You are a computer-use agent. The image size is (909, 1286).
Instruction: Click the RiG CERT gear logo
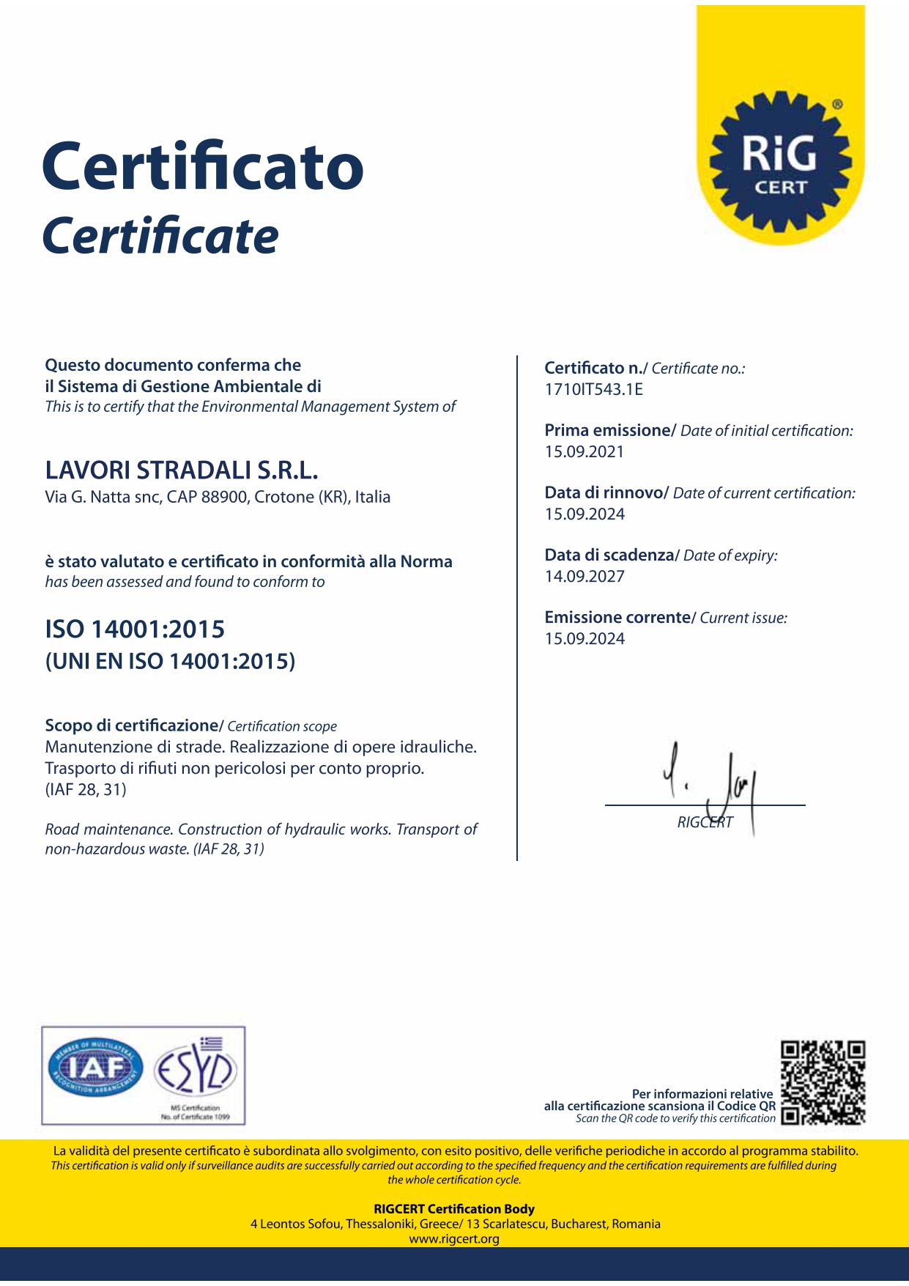pyautogui.click(x=781, y=162)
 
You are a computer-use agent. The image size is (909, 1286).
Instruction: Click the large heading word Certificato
pyautogui.click(x=203, y=166)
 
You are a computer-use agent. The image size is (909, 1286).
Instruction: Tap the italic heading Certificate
pyautogui.click(x=160, y=236)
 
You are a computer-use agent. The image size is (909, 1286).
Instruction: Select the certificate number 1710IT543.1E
pyautogui.click(x=593, y=390)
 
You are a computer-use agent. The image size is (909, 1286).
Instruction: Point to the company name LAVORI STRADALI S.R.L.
pyautogui.click(x=182, y=470)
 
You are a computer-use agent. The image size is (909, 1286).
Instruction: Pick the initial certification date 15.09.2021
pyautogui.click(x=584, y=452)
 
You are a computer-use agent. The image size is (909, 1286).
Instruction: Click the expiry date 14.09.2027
pyautogui.click(x=584, y=577)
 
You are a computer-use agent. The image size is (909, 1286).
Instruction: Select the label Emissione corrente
pyautogui.click(x=617, y=618)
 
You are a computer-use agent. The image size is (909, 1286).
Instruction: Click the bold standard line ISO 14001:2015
pyautogui.click(x=135, y=629)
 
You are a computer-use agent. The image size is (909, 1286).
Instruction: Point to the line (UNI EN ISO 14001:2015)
pyautogui.click(x=170, y=662)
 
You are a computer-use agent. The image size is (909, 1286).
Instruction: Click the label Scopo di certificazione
pyautogui.click(x=132, y=726)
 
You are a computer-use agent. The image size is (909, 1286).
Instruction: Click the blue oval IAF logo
pyautogui.click(x=95, y=1071)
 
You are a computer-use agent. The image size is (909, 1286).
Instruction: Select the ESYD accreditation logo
pyautogui.click(x=196, y=1071)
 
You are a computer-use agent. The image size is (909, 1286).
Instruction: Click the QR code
pyautogui.click(x=823, y=1082)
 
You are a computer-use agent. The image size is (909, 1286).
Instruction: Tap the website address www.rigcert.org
pyautogui.click(x=454, y=1239)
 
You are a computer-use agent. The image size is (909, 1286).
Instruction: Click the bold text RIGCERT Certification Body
pyautogui.click(x=454, y=1209)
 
